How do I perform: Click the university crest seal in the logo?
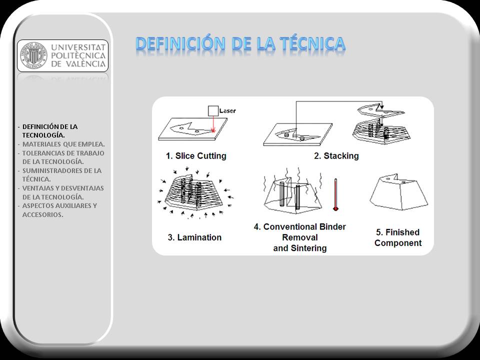(33, 55)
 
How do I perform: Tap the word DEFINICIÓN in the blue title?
(180, 43)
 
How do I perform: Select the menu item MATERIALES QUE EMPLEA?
(63, 144)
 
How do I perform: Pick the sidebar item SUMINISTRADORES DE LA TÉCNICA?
(62, 175)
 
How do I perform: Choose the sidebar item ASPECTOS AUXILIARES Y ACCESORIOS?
(59, 210)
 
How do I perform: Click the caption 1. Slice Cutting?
(196, 156)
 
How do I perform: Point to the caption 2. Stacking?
(336, 156)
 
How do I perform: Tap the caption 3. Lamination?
(194, 237)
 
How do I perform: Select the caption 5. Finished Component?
(398, 237)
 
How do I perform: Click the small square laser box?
(213, 111)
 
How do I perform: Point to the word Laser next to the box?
(227, 111)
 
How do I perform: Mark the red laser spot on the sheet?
(213, 130)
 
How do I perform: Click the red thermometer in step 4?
(336, 194)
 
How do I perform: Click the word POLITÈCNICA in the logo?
(78, 55)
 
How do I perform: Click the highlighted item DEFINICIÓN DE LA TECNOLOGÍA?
(50, 130)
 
